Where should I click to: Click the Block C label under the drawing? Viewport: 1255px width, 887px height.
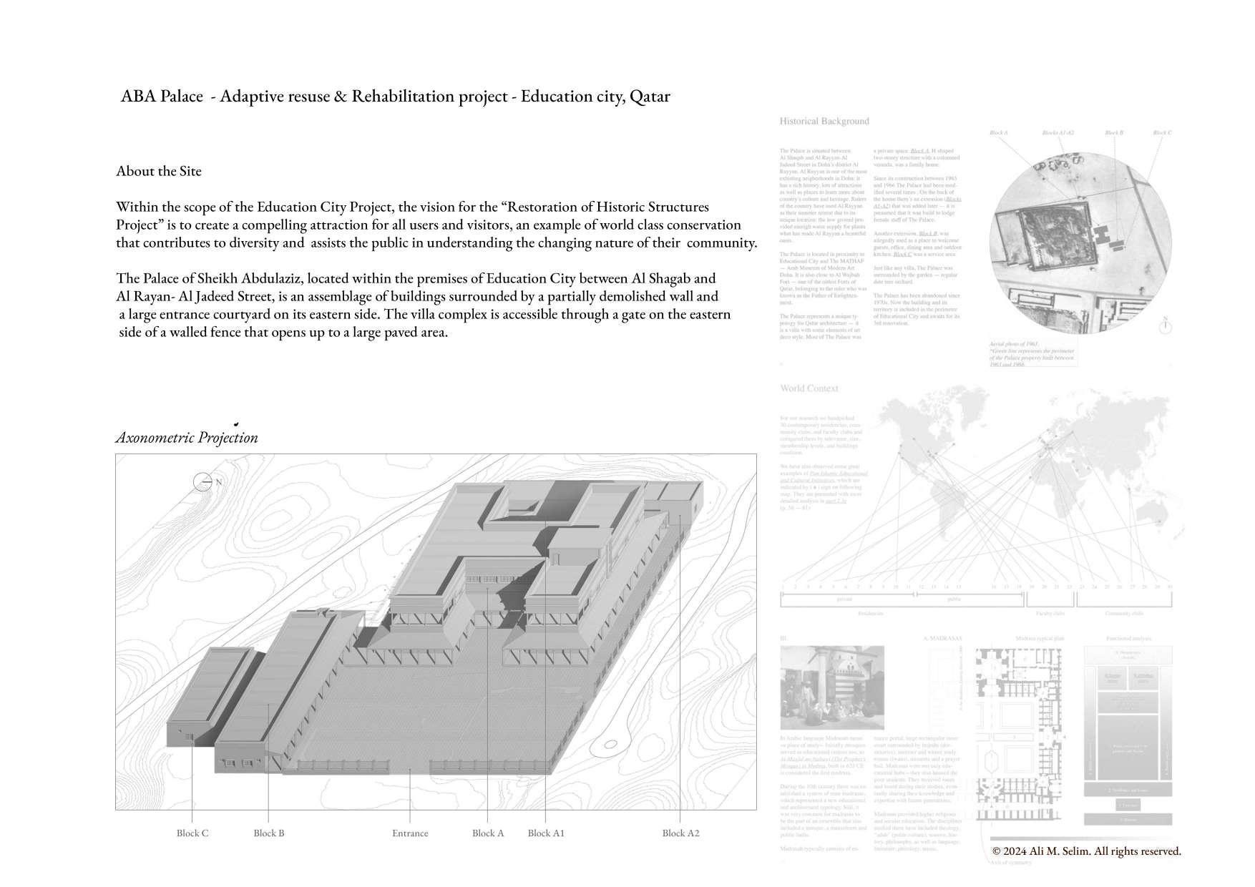[x=192, y=833]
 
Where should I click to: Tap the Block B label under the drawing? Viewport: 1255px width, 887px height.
[x=269, y=833]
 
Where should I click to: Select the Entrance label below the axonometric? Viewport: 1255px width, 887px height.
[x=410, y=833]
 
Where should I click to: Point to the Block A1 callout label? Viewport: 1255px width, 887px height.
[x=546, y=833]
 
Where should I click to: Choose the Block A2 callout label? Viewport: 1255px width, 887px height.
[x=680, y=833]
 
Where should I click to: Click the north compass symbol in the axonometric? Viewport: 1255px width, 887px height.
[x=203, y=482]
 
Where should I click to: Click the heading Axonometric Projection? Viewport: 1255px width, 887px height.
[x=187, y=438]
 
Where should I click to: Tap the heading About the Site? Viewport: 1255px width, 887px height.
[x=159, y=171]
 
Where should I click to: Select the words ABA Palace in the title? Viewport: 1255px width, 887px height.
[x=162, y=97]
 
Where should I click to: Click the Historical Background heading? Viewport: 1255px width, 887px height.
[x=824, y=122]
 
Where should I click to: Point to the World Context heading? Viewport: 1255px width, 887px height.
[x=809, y=388]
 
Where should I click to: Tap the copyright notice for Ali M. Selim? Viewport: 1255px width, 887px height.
[x=1087, y=851]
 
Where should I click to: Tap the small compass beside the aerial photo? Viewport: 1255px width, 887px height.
[x=1165, y=327]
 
